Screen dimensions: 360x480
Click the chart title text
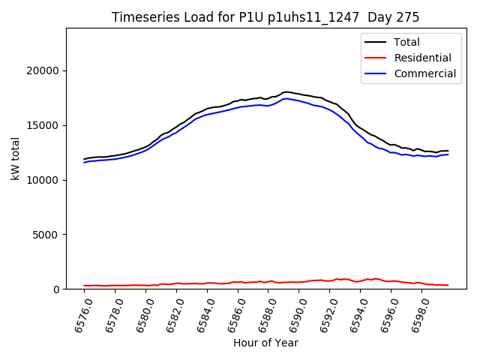(265, 17)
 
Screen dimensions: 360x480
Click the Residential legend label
(422, 58)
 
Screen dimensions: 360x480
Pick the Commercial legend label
(424, 73)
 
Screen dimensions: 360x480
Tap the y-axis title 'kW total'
(16, 159)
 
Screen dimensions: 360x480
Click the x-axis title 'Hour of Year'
(265, 343)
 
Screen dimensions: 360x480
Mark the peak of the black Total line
(286, 91)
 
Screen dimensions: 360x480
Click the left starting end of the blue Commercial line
(84, 162)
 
